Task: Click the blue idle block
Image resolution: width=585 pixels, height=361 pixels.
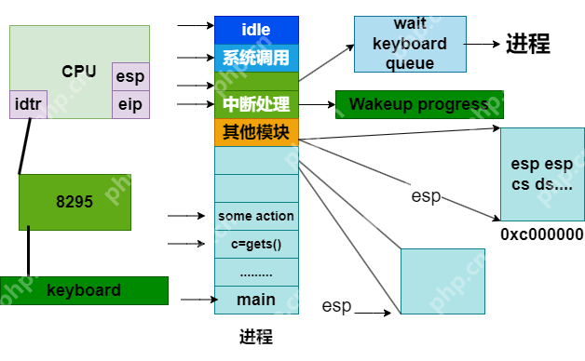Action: tap(256, 30)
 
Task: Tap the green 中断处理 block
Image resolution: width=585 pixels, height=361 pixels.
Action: tap(256, 104)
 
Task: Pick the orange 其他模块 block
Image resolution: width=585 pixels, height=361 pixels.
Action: tap(256, 131)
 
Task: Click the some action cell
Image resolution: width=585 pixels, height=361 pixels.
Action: tap(256, 216)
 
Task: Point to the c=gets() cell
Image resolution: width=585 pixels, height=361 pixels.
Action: tap(256, 244)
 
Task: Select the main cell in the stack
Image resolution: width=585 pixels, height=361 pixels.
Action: tap(256, 300)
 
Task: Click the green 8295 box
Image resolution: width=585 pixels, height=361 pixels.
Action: tap(75, 201)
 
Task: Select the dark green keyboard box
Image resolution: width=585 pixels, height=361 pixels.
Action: tap(84, 290)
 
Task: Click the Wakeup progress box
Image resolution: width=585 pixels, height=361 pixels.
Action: tap(419, 104)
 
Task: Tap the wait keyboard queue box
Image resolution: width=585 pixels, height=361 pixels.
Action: tap(409, 44)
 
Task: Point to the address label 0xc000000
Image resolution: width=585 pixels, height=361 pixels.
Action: tap(541, 234)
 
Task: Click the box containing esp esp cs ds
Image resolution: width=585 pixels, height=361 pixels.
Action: tap(542, 174)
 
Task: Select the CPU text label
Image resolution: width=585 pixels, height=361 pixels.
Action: tap(79, 71)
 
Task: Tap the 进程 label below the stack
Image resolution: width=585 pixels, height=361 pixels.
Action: tap(256, 336)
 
